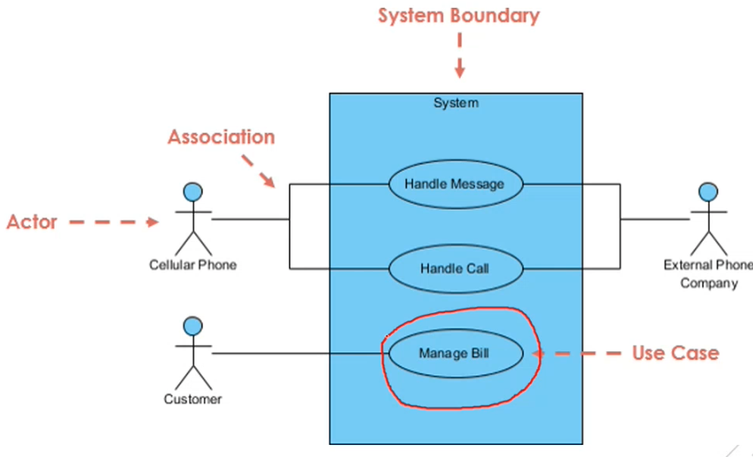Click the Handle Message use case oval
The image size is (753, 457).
click(x=455, y=185)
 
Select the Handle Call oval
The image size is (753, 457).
click(x=455, y=269)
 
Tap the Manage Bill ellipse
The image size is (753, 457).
click(x=455, y=353)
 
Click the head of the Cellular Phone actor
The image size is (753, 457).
click(x=193, y=192)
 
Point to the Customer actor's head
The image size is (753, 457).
click(x=193, y=326)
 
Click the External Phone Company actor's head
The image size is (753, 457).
click(x=709, y=192)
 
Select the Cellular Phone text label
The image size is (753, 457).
click(x=193, y=265)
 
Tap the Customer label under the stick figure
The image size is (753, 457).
click(x=193, y=400)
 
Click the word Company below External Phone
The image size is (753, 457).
click(x=709, y=284)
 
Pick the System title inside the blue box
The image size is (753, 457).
click(x=455, y=102)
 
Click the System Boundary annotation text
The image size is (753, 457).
click(x=459, y=16)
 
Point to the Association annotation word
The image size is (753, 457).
click(x=221, y=137)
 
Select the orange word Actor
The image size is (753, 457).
click(x=32, y=222)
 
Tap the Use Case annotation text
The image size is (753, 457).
click(x=675, y=353)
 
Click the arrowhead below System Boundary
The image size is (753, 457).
click(x=460, y=70)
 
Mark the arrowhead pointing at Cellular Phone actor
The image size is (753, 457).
click(x=152, y=222)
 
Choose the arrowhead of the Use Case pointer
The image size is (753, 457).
click(x=538, y=354)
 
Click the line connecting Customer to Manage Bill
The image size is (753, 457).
click(x=300, y=353)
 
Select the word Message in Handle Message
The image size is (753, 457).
click(x=481, y=185)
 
